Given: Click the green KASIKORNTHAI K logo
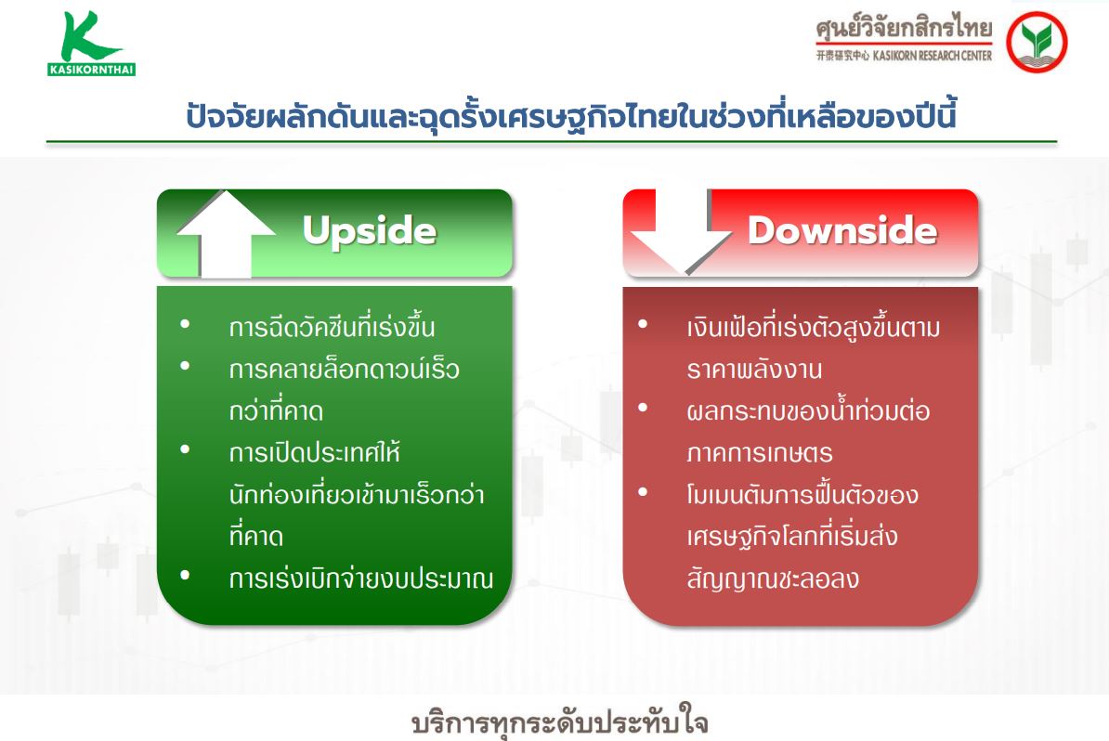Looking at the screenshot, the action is click(91, 43).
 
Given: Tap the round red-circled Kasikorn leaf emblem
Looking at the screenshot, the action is click(1037, 43).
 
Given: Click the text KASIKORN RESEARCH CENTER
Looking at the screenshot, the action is click(933, 56).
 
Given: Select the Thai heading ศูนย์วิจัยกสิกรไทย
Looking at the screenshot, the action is click(904, 28).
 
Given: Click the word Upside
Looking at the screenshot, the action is click(369, 230).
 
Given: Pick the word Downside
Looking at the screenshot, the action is click(842, 230).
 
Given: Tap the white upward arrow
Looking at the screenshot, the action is click(226, 234).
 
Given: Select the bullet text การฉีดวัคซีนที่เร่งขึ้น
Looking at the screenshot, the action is click(332, 327).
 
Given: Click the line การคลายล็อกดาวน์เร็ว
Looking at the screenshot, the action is click(345, 369).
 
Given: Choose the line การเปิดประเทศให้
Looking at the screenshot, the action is click(315, 452).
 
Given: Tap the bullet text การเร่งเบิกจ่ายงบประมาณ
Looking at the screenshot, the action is click(360, 578).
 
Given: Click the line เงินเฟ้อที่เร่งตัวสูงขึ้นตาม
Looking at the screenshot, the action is click(814, 327).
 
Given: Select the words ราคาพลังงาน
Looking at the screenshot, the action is click(754, 369).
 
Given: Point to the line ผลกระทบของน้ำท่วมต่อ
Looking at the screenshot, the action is click(808, 410).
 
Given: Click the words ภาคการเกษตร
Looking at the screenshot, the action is click(760, 452).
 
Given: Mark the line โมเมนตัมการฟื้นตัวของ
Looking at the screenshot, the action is click(802, 493).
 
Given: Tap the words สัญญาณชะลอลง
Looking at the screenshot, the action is click(773, 578).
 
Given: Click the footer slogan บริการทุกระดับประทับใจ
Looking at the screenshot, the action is click(560, 721).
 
